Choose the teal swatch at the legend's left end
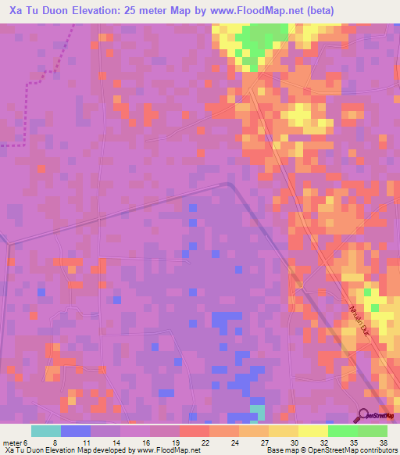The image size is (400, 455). point(46,431)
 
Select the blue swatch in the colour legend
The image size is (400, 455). point(76,431)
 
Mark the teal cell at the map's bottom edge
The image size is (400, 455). point(257,411)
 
